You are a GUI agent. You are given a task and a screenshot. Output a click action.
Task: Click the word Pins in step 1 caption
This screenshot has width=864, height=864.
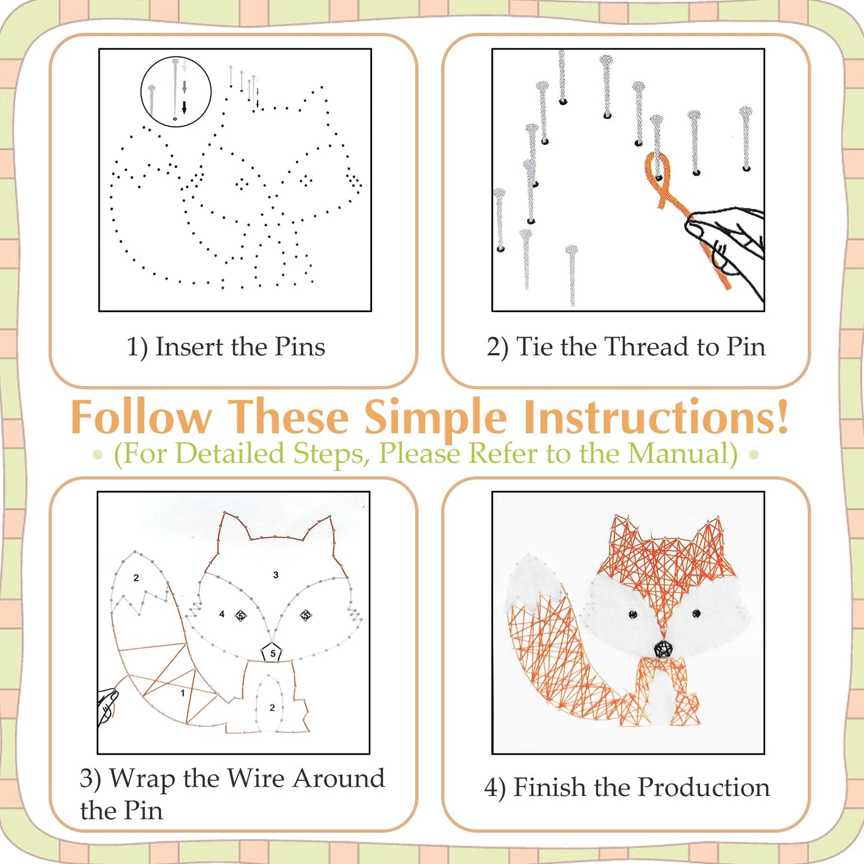[300, 347]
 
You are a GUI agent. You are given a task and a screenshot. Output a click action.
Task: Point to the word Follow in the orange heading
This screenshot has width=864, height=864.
[142, 416]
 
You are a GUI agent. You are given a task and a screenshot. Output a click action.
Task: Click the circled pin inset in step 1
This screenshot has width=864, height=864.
[176, 91]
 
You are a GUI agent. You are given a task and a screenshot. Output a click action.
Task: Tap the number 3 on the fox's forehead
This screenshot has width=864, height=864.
[276, 575]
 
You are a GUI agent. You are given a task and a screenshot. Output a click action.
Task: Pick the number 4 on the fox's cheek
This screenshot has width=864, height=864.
[222, 614]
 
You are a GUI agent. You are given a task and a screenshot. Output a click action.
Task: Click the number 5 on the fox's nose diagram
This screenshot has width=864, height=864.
[273, 653]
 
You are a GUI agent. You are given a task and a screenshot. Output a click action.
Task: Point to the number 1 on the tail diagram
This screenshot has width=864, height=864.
[183, 693]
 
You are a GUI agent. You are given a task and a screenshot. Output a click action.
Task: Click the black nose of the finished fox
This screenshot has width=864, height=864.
[663, 649]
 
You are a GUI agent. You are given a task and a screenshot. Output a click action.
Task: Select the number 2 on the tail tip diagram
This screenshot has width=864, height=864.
[136, 578]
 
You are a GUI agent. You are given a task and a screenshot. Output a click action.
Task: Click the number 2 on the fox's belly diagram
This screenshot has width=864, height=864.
[272, 707]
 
